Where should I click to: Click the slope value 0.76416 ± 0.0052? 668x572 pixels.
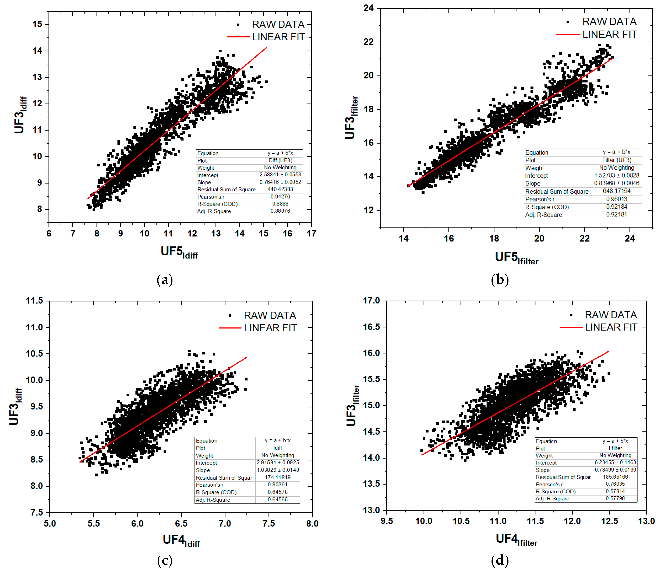(x=280, y=182)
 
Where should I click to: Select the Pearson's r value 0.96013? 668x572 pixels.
(x=616, y=199)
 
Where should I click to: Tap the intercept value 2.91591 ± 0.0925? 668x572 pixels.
(x=278, y=463)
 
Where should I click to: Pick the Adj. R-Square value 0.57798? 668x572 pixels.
(x=615, y=498)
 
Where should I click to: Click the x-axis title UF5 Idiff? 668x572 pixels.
(x=179, y=252)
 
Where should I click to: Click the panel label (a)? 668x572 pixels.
(x=165, y=280)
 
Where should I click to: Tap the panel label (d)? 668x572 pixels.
(x=500, y=560)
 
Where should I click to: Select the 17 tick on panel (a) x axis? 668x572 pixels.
(x=311, y=233)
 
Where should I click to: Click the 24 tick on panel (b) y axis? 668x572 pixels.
(x=369, y=8)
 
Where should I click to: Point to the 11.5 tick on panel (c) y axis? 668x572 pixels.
(x=34, y=301)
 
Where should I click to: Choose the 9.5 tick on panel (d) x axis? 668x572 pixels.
(x=387, y=521)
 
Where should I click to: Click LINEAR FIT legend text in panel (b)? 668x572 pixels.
(x=609, y=34)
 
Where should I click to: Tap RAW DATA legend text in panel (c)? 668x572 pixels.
(x=270, y=316)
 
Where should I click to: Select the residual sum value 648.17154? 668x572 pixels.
(x=616, y=191)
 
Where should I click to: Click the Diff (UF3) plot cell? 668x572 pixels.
(x=280, y=160)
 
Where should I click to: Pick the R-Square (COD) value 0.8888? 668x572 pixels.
(x=280, y=204)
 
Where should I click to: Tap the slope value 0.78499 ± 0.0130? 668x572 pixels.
(x=615, y=470)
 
